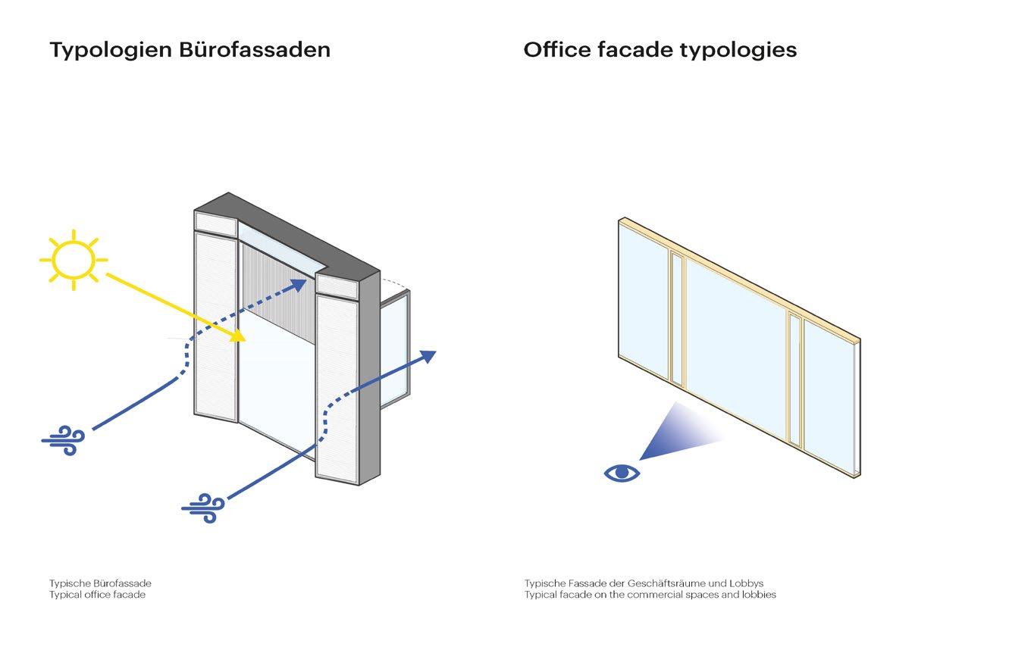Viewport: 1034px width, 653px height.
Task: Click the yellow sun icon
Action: (x=73, y=260)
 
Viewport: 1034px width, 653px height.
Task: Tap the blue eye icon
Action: (x=622, y=473)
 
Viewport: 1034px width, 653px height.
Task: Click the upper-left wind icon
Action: (x=63, y=439)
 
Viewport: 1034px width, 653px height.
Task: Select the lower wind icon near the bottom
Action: (x=203, y=507)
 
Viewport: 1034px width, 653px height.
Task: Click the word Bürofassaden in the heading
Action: (x=255, y=50)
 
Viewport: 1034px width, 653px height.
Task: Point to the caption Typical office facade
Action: (x=97, y=595)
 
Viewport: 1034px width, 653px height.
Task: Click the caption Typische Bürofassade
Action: (x=100, y=583)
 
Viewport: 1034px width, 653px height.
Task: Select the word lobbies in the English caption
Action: (x=758, y=595)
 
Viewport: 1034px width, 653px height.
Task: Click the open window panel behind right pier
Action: (x=394, y=348)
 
